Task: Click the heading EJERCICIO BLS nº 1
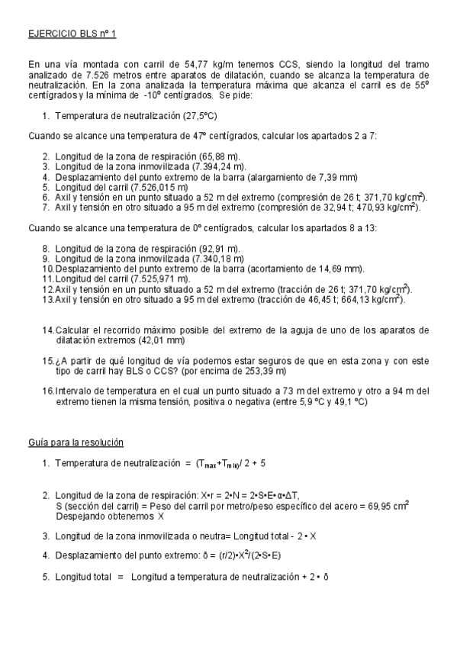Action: (72, 34)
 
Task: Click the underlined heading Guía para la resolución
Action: (76, 443)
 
